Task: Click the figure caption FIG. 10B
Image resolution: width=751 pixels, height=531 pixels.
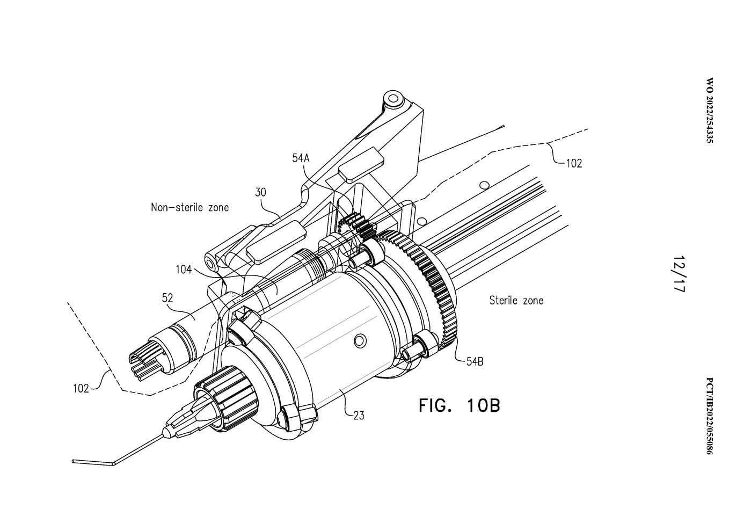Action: tap(460, 405)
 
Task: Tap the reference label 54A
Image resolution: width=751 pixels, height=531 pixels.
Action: tap(301, 158)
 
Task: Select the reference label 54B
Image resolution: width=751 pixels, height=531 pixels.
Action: tap(475, 361)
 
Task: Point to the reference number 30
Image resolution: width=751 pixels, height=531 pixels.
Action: tap(260, 192)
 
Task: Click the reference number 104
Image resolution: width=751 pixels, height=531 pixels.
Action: tap(184, 270)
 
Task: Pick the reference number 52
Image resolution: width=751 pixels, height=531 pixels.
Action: tap(167, 297)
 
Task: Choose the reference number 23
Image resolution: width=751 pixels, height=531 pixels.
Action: tap(359, 416)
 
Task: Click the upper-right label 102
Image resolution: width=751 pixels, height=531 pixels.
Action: tap(574, 163)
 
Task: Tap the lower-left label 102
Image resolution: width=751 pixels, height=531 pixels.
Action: tap(81, 389)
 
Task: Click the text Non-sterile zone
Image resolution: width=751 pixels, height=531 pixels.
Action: tap(189, 207)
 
